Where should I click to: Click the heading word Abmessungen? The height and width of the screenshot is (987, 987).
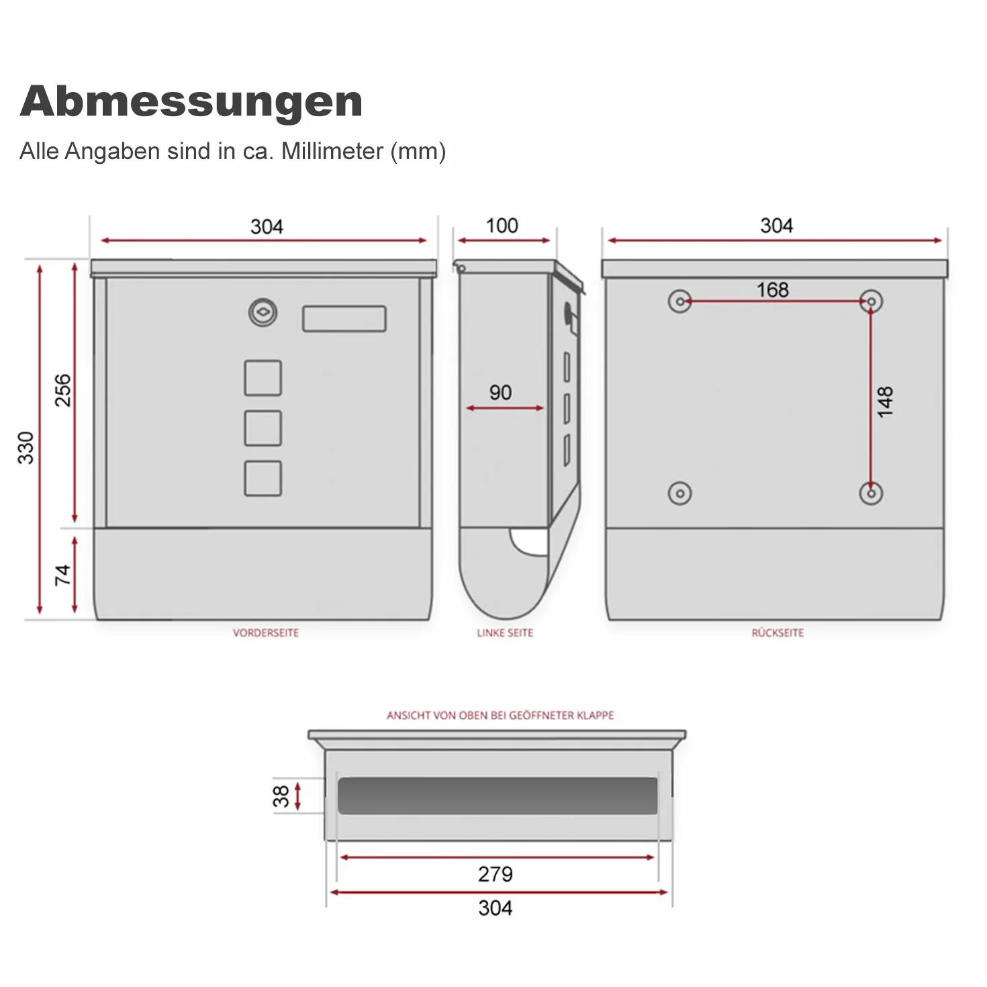(x=191, y=103)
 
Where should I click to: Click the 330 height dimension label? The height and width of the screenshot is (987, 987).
(x=26, y=447)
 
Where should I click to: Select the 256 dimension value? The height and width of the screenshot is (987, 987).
(x=63, y=390)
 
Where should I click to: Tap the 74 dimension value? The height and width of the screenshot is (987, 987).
(x=63, y=575)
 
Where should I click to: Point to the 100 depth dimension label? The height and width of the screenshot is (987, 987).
(x=502, y=226)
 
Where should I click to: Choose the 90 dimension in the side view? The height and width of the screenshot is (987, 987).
(x=500, y=392)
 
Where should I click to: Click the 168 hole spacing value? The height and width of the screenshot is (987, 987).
(x=772, y=290)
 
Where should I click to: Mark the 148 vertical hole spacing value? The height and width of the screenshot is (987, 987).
(x=885, y=402)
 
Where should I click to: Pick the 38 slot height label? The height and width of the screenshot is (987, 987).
(x=281, y=796)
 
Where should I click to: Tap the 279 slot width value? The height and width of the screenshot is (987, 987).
(x=496, y=874)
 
